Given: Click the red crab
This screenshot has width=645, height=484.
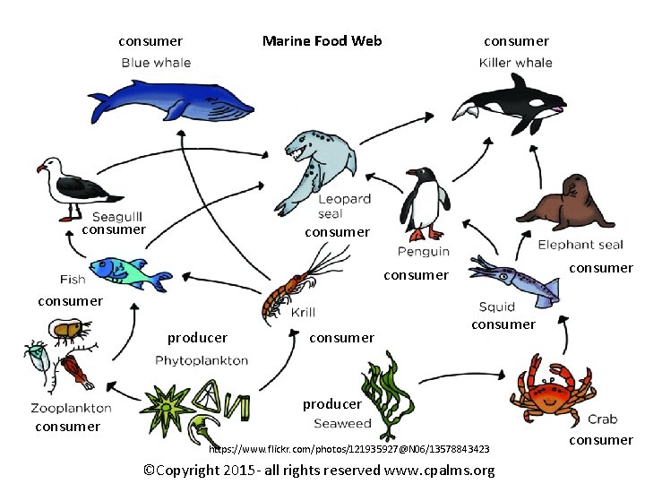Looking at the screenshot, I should (550, 389).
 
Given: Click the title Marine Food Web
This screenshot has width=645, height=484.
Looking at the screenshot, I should (322, 40).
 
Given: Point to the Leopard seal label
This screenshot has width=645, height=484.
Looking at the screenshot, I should (343, 206).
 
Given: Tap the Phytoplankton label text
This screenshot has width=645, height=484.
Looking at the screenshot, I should (202, 360).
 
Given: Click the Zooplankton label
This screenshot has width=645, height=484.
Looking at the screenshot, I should (71, 408).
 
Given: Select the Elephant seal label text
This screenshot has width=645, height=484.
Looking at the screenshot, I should (580, 245).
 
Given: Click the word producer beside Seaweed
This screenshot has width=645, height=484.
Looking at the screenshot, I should (331, 404).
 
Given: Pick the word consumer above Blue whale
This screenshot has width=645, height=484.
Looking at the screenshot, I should (150, 40).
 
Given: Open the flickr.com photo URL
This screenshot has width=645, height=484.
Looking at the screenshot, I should (348, 448).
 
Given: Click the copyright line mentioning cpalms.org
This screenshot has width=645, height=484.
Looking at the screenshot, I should (319, 471).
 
